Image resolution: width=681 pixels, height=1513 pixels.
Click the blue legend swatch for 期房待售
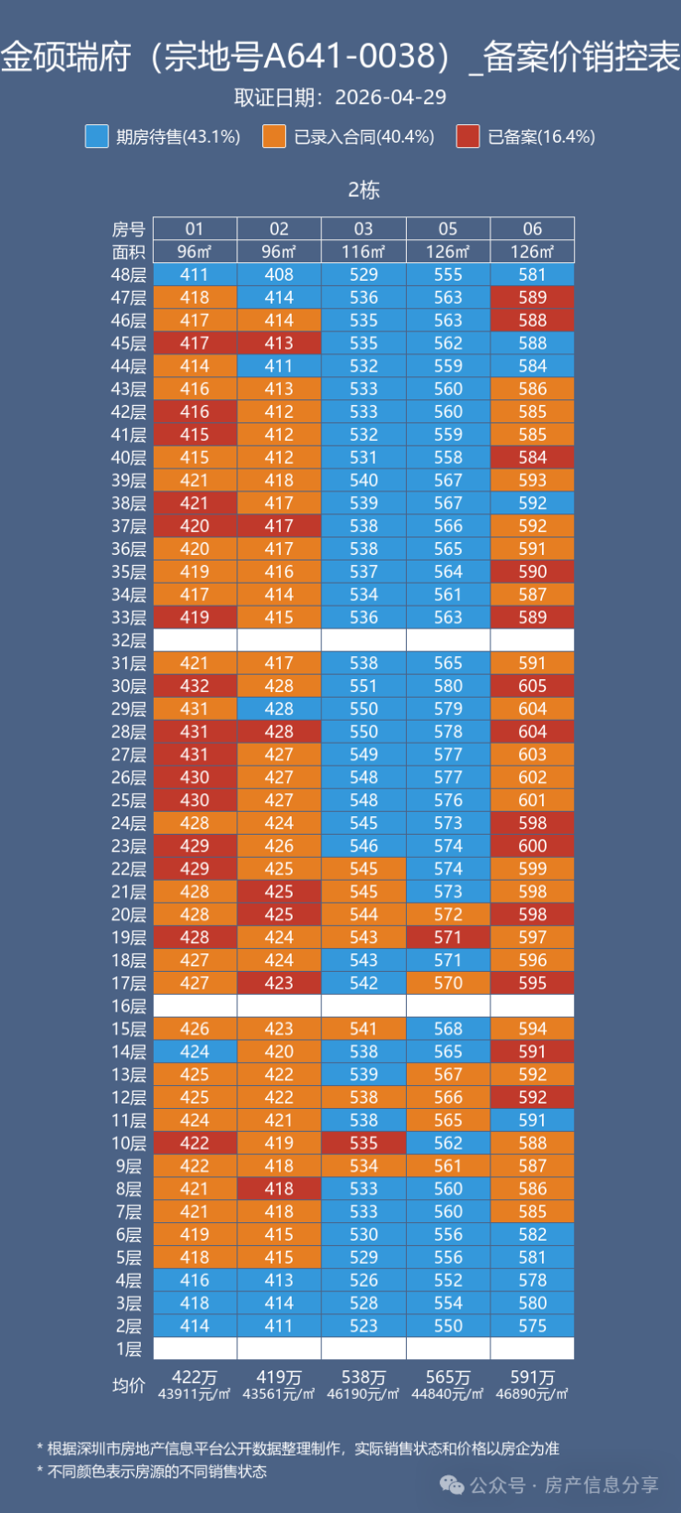pos(97,136)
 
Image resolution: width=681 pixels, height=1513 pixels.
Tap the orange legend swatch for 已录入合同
pos(274,136)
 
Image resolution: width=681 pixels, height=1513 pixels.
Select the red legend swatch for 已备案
pos(468,136)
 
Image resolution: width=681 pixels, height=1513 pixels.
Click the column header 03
pos(364,228)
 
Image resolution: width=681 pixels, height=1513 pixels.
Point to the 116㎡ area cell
pos(364,251)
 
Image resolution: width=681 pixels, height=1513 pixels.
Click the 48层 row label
pos(128,275)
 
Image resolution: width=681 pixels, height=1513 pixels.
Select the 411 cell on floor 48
pos(194,275)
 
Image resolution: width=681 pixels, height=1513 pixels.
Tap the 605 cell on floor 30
pos(532,687)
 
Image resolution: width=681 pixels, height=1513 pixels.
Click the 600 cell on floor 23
pos(532,846)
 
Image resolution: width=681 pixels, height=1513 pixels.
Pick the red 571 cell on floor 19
pos(448,938)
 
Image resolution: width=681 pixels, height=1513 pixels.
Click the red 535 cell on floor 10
pos(364,1143)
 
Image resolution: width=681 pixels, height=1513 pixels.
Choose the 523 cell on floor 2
pos(364,1326)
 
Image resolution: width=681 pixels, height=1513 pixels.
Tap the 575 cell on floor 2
pos(532,1326)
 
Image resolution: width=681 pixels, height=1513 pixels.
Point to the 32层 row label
pos(128,641)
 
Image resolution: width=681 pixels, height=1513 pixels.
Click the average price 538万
pos(364,1377)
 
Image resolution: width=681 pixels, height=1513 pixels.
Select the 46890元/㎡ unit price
pos(532,1393)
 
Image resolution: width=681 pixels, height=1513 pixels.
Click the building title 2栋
pos(364,190)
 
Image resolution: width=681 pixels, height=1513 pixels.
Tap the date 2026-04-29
pos(390,98)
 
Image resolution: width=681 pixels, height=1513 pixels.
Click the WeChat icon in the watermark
pos(452,1484)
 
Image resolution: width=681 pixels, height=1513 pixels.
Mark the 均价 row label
pos(128,1385)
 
